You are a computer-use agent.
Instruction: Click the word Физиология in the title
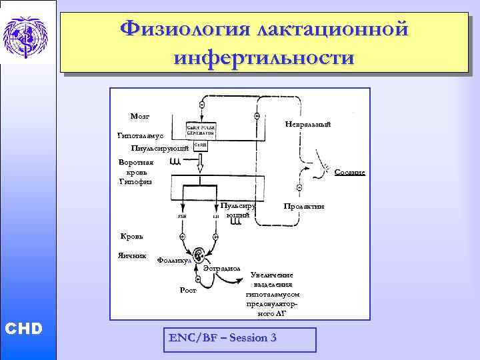coord(183,30)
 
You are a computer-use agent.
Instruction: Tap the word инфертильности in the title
coord(263,57)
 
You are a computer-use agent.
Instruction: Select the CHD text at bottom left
coord(23,329)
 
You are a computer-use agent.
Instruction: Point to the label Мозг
coord(140,116)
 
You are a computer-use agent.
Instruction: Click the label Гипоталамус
coord(141,135)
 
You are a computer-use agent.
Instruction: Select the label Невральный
coord(307,125)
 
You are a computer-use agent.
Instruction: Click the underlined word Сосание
coord(349,172)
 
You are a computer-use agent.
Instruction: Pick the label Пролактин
coord(304,207)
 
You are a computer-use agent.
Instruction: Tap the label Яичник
coord(132,255)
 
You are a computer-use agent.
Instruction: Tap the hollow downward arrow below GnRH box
coord(199,161)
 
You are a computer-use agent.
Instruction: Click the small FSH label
coord(182,215)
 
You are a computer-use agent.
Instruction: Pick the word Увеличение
coord(272,275)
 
